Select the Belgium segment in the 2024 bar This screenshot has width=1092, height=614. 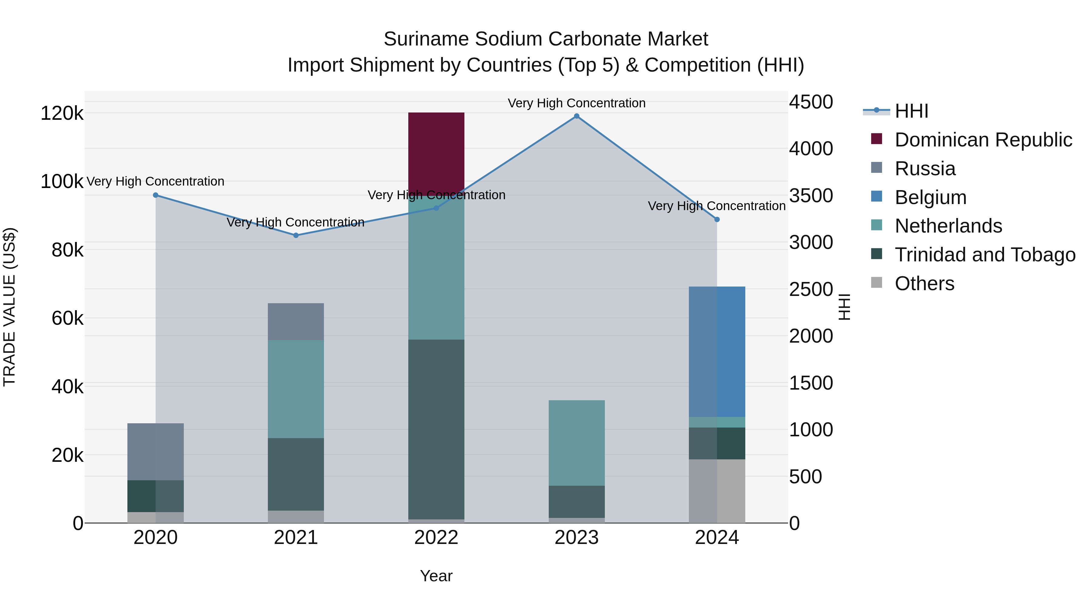717,352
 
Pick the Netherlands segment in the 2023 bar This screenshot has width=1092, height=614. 577,443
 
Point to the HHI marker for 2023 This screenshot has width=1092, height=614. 577,116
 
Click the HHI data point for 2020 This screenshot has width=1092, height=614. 156,195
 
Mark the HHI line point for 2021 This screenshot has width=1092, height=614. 296,235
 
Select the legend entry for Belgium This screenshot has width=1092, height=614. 931,197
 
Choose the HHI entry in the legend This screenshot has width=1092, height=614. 912,111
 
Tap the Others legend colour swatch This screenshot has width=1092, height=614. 876,283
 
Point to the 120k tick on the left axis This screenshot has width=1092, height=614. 62,114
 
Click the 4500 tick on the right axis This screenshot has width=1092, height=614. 811,102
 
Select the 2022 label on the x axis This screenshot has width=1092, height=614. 436,538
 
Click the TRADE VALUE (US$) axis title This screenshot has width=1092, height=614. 9,307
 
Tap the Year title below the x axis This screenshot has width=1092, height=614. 436,576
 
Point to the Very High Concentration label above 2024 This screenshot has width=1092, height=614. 716,206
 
